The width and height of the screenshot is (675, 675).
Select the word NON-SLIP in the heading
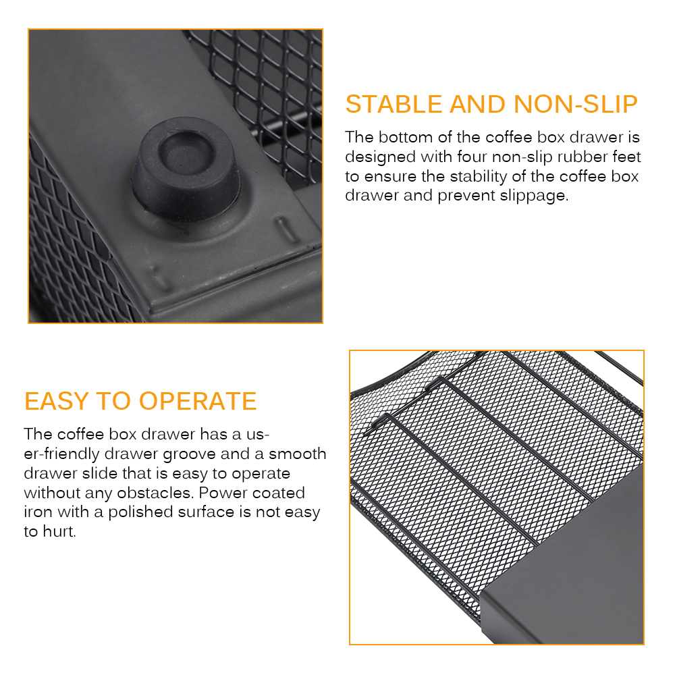click(576, 104)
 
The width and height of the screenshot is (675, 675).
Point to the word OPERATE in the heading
click(198, 401)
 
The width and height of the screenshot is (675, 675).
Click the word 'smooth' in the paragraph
click(298, 454)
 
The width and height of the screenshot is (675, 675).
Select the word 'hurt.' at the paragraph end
click(59, 532)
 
